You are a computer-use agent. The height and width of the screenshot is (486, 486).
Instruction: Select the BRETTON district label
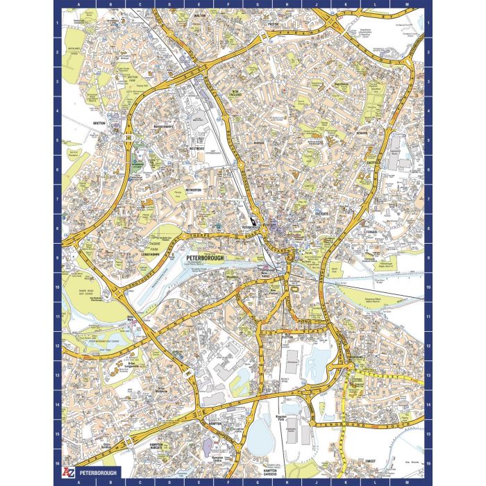pyautogui.click(x=98, y=124)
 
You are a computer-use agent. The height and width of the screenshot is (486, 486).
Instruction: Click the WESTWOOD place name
pyautogui.click(x=196, y=148)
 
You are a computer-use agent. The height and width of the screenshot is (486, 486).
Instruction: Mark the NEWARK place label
pyautogui.click(x=360, y=131)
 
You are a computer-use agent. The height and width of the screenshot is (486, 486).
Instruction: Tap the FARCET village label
pyautogui.click(x=369, y=460)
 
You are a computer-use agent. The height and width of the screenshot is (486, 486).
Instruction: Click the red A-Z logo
pyautogui.click(x=67, y=472)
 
